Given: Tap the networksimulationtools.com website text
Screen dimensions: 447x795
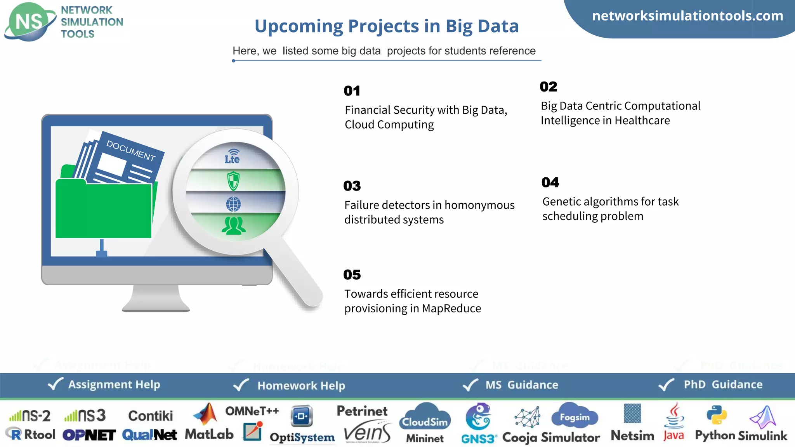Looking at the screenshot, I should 687,16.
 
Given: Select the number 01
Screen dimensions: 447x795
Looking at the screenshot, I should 352,91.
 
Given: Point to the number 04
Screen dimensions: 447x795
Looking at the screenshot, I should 550,182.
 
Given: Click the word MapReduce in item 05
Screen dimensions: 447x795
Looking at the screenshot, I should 451,308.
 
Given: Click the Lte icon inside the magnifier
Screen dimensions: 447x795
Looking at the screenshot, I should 233,157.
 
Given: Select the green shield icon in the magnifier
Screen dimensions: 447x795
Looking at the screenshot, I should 233,181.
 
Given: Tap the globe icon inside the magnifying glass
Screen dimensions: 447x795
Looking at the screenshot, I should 233,204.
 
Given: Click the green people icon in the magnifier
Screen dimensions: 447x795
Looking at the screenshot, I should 233,226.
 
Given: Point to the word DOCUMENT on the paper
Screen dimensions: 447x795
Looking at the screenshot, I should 131,151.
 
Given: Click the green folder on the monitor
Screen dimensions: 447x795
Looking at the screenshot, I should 103,210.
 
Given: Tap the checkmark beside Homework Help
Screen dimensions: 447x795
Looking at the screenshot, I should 241,385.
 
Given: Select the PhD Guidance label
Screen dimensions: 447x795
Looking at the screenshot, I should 723,385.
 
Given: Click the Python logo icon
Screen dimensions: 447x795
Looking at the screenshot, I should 717,415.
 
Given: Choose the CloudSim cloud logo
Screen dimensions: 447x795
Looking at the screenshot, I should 425,417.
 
